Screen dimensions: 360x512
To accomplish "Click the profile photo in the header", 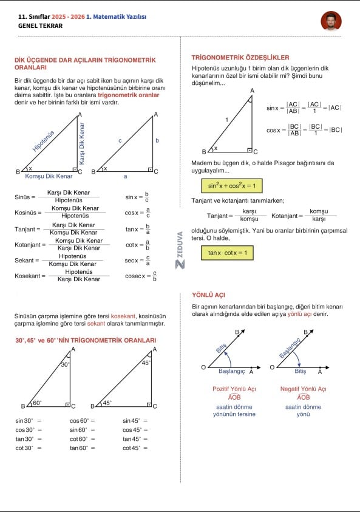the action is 331,21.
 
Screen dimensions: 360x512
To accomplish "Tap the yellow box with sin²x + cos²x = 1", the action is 232,186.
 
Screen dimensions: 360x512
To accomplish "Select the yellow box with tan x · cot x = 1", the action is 227,253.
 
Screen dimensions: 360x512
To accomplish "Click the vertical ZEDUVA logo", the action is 180,250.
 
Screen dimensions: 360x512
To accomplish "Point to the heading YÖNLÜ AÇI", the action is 208,295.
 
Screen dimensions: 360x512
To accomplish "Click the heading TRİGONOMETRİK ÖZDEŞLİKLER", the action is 240,58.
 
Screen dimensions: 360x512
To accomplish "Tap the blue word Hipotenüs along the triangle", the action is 44,141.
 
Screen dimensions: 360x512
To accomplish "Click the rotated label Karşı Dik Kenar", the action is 81,143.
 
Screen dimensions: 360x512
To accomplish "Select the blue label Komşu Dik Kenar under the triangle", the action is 49,176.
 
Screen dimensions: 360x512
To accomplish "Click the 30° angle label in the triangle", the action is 66,364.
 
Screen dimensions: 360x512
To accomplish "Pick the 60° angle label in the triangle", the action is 37,403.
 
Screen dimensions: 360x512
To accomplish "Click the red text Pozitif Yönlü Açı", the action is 234,389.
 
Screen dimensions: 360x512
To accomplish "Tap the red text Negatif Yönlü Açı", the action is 303,389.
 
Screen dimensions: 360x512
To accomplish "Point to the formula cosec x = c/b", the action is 141,276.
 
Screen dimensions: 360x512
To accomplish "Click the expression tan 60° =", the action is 82,448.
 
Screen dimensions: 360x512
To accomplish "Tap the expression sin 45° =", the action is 135,420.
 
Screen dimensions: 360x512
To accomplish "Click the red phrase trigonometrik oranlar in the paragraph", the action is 128,95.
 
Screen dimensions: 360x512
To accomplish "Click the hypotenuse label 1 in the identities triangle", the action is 227,120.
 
